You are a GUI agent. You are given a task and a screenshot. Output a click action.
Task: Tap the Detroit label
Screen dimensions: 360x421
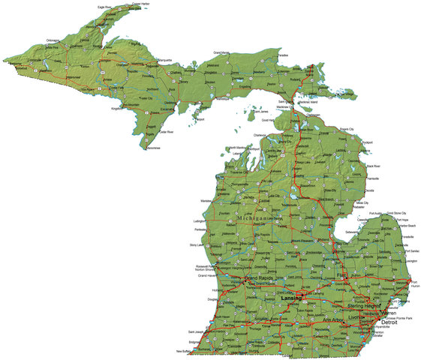coord(389,322)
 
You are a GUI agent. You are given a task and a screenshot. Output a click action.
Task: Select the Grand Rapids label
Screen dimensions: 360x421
coord(260,279)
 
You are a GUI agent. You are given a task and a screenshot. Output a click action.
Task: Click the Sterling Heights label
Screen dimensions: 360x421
coord(365,307)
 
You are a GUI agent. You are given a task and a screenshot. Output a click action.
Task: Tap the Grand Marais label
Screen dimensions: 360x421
coord(221,52)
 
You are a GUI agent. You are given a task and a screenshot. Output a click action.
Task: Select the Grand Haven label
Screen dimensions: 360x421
coord(208,275)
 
